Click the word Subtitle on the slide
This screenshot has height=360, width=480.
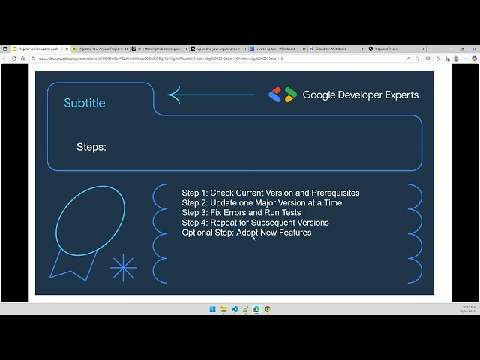coord(85,103)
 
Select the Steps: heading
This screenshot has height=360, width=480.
coord(91,147)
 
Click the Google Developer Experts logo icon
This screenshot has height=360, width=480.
coord(283,94)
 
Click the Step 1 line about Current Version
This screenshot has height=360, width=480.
coord(270,193)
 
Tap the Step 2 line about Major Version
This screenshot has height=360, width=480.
coord(261,202)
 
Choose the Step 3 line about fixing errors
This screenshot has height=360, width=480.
coord(242,213)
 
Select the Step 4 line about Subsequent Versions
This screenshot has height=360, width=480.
coord(255,223)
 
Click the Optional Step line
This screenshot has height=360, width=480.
coord(246,232)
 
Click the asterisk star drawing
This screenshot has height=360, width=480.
coord(123,268)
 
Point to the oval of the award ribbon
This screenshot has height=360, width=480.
coord(90,217)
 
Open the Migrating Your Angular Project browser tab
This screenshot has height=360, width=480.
coord(98,49)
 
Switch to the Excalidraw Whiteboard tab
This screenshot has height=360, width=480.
coord(331,49)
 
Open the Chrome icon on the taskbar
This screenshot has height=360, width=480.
coord(268,309)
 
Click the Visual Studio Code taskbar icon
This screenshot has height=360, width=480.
coord(235,309)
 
